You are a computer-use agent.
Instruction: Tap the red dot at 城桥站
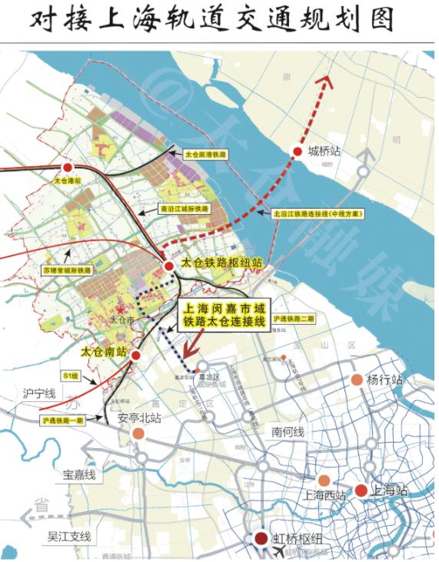click(x=298, y=152)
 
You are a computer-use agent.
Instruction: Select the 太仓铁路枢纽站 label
click(x=222, y=263)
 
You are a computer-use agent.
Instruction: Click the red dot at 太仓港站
click(x=68, y=167)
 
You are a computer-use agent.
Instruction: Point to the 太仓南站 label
click(x=104, y=350)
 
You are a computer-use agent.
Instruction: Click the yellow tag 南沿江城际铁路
click(x=184, y=208)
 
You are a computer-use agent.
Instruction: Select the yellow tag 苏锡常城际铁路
click(x=67, y=270)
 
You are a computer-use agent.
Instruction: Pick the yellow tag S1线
click(x=72, y=375)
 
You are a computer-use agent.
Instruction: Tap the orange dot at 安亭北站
click(x=138, y=433)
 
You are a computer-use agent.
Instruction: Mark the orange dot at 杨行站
click(x=357, y=380)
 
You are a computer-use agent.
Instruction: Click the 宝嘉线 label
click(x=79, y=475)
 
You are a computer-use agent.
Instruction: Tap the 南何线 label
click(x=287, y=432)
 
